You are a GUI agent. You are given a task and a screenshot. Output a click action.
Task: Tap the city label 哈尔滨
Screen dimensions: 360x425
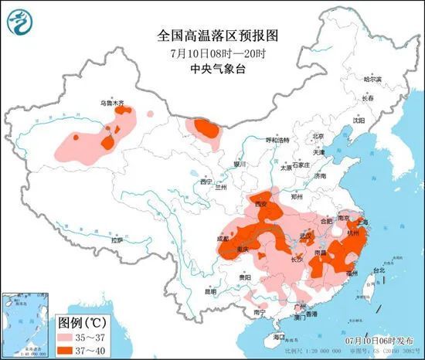tap(372, 79)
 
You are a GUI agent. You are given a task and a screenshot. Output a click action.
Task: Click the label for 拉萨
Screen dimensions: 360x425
tap(117, 240)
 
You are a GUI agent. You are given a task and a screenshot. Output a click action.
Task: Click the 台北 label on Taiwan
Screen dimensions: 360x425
tap(379, 270)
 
